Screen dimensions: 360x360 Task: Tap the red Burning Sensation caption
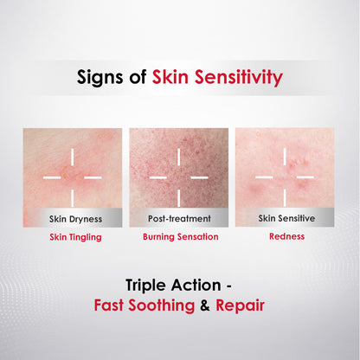tap(180, 235)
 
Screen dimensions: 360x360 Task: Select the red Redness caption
tap(286, 235)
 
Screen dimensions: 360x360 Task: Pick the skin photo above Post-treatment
tap(179, 169)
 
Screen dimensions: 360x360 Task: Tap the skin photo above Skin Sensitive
tap(286, 169)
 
